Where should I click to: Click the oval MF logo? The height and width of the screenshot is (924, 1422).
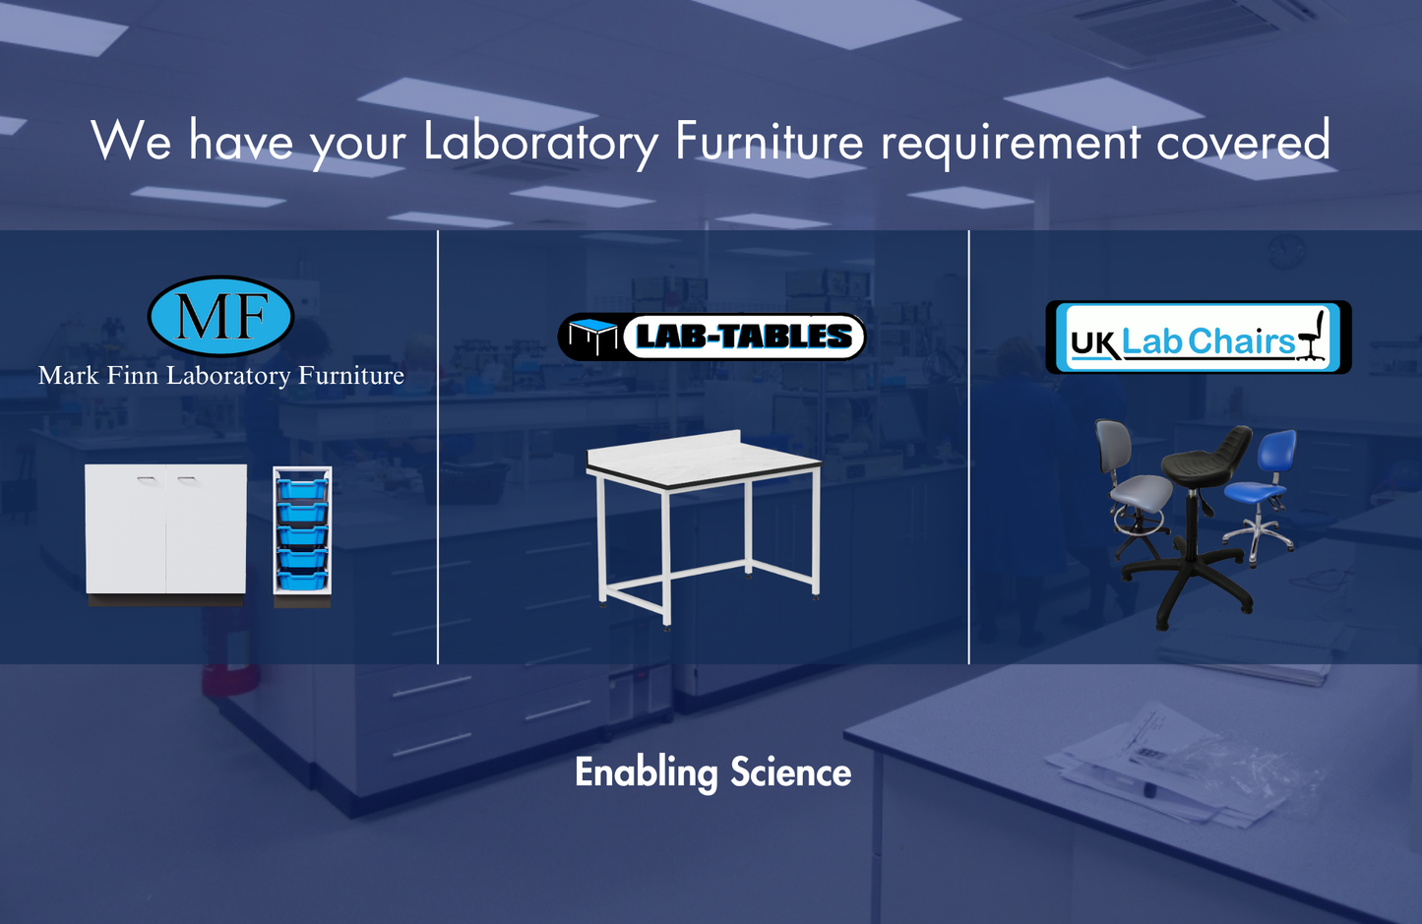coord(220,316)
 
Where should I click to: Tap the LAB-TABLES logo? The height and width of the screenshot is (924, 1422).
coord(711,337)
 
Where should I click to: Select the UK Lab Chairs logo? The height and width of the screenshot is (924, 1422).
coord(1198,338)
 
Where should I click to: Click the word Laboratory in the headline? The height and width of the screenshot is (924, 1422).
coord(540,142)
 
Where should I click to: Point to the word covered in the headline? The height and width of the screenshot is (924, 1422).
coord(1243,142)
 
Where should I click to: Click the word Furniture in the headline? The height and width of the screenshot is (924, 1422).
coord(769,142)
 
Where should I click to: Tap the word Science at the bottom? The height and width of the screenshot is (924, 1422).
coord(790,772)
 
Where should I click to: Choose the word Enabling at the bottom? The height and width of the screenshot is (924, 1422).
coord(646,773)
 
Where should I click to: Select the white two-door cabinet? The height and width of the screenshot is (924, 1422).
coord(165,530)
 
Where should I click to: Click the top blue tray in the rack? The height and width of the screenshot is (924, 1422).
coord(302,488)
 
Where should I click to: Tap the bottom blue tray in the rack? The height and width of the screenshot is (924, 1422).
coord(302,580)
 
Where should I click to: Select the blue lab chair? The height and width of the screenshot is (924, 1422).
coord(1265,482)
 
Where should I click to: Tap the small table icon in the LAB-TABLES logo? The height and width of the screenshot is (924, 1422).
coord(592,338)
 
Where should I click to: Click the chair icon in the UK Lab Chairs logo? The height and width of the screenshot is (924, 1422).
coord(1312,337)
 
